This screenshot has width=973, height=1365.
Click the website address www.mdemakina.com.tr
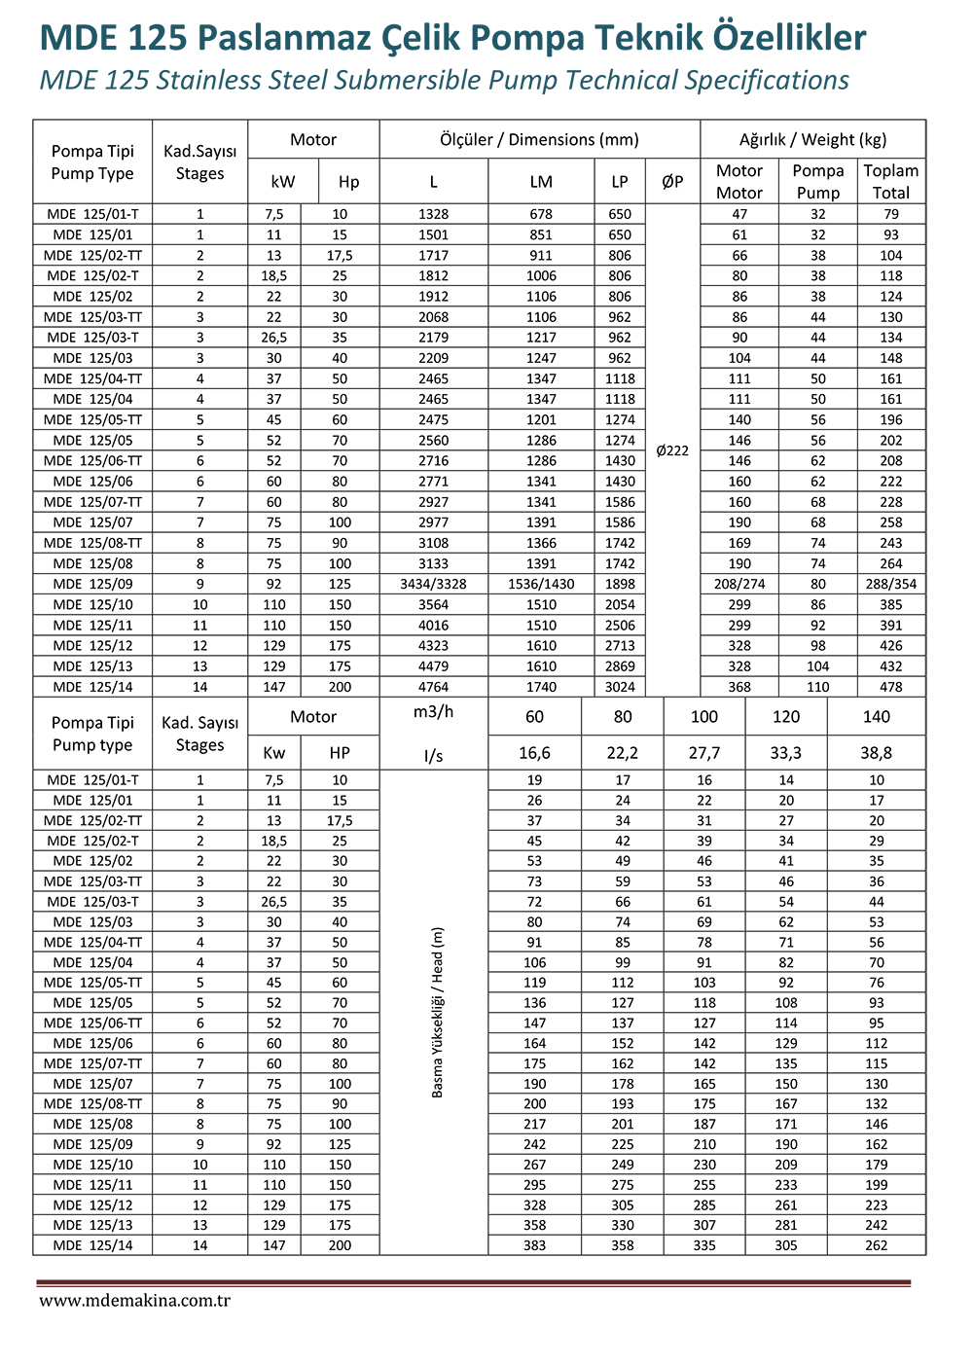(134, 1300)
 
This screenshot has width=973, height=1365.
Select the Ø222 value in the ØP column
(672, 450)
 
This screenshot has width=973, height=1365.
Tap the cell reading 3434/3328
(433, 584)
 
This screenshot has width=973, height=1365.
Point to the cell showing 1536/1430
(541, 584)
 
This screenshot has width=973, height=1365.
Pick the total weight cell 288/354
(890, 584)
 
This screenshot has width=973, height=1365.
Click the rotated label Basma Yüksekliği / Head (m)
(437, 1012)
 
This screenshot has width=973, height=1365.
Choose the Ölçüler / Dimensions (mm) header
(539, 139)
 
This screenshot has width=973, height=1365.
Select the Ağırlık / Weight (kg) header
(812, 139)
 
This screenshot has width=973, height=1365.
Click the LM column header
(541, 182)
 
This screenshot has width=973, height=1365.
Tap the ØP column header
(672, 182)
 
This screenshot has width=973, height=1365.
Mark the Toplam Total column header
(890, 181)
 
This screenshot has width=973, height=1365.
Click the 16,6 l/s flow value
(534, 753)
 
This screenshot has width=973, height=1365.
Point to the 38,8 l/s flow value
(876, 753)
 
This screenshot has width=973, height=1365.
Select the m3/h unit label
(433, 712)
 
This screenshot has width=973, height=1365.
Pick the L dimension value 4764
(433, 687)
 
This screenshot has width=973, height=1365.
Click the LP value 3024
(620, 687)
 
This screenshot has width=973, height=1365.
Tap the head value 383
(534, 1245)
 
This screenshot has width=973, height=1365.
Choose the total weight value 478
(890, 687)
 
